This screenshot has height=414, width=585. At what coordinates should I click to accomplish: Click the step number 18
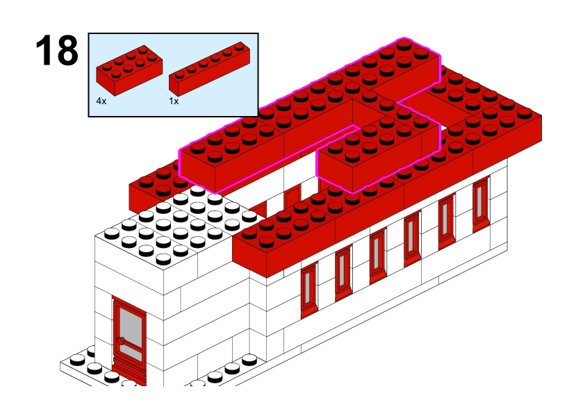pyautogui.click(x=57, y=50)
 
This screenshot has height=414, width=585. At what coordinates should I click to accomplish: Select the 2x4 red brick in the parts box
pyautogui.click(x=129, y=70)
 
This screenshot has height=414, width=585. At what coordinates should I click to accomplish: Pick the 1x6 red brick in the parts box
pyautogui.click(x=209, y=69)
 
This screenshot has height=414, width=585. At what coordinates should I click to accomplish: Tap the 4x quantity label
pyautogui.click(x=101, y=101)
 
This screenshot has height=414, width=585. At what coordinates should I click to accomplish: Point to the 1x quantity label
pyautogui.click(x=174, y=101)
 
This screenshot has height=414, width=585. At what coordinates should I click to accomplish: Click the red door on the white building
pyautogui.click(x=129, y=340)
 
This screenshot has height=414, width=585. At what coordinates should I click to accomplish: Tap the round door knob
pyautogui.click(x=120, y=341)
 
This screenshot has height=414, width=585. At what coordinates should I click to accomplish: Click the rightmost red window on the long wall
pyautogui.click(x=481, y=204)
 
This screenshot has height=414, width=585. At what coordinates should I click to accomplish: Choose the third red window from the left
pyautogui.click(x=377, y=256)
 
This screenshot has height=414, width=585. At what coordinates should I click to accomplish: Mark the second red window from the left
pyautogui.click(x=343, y=272)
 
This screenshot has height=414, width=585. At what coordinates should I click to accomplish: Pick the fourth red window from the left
pyautogui.click(x=412, y=238)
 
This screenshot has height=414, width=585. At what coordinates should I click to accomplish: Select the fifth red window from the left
pyautogui.click(x=447, y=221)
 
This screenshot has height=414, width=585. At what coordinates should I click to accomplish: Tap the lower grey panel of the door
pyautogui.click(x=132, y=353)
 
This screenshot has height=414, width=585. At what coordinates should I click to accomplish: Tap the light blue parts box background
pyautogui.click(x=209, y=106)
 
